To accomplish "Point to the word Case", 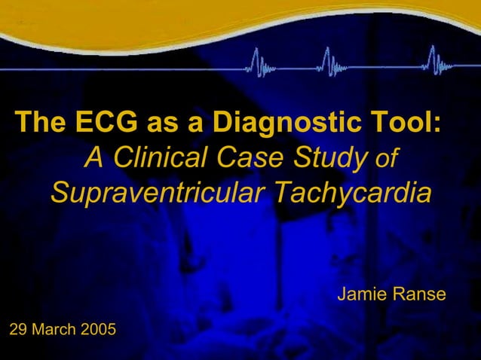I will [250, 158].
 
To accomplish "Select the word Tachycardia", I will [352, 194].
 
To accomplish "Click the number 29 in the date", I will [17, 329].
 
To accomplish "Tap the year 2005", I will [98, 329].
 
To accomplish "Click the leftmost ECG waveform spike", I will [257, 61].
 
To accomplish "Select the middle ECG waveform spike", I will [327, 61].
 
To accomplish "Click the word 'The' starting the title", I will [41, 121].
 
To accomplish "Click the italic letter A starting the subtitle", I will [93, 158].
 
